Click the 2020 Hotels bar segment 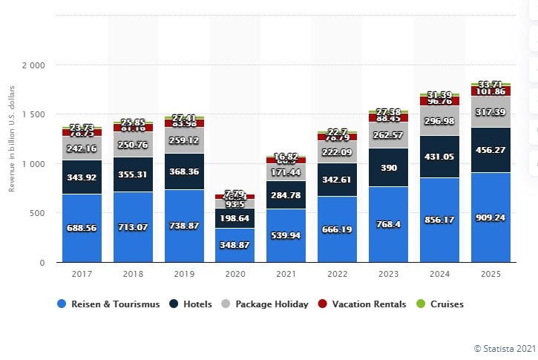[234, 217]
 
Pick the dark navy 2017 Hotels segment [82, 177]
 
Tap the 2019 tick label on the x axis [183, 274]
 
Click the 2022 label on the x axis [337, 274]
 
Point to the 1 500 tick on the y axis [34, 114]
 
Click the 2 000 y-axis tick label [34, 65]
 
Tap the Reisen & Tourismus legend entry [109, 304]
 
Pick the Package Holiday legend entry [266, 304]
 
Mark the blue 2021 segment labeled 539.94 [286, 235]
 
